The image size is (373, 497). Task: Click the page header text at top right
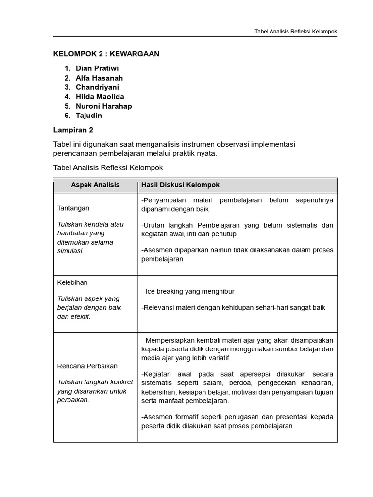[296, 32]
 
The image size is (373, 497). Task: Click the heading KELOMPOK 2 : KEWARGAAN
[106, 54]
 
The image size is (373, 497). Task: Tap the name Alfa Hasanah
[99, 78]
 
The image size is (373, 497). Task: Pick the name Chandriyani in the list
[97, 87]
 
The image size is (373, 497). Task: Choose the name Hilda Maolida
[100, 97]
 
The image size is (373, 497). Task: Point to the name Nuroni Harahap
[103, 106]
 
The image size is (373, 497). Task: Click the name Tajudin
[89, 116]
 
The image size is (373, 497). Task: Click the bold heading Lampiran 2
[73, 130]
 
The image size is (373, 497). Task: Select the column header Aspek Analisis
[95, 185]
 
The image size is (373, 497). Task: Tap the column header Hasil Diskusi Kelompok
[180, 185]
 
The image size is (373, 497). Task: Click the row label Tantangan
[73, 208]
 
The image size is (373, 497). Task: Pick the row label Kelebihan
[72, 282]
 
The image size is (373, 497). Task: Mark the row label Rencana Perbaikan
[87, 366]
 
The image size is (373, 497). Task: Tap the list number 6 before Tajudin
[67, 116]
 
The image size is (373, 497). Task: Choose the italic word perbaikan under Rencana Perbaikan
[73, 400]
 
